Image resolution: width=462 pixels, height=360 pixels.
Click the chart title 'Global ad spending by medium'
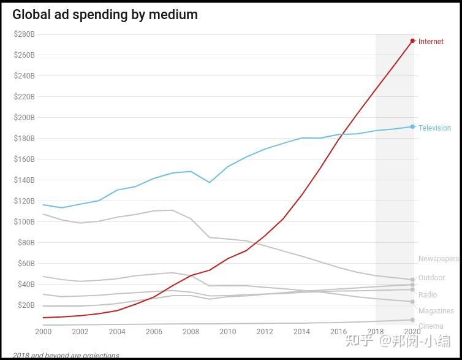(x=105, y=14)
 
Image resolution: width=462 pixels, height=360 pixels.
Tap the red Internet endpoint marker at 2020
(x=412, y=41)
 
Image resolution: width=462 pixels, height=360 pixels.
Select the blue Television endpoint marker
(x=412, y=127)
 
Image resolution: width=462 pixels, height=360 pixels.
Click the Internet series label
(x=431, y=42)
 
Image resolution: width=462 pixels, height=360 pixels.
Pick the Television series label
(x=434, y=128)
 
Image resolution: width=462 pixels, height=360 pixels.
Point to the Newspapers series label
(x=438, y=259)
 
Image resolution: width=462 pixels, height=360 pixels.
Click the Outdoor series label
(x=431, y=278)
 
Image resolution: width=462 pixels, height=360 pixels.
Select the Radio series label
(x=428, y=295)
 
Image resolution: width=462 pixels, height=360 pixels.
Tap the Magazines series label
(x=436, y=311)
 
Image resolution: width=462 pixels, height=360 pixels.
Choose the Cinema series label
(x=431, y=326)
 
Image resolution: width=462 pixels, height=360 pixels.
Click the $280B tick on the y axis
(x=25, y=34)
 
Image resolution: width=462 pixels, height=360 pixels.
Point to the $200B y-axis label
(x=25, y=118)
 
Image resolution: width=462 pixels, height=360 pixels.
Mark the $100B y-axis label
(x=25, y=221)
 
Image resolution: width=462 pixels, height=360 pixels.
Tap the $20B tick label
(x=26, y=305)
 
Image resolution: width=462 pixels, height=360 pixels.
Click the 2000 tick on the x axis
(x=43, y=332)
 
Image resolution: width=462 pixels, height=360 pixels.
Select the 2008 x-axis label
(x=191, y=332)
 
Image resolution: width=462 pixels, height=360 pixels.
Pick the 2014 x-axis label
(x=302, y=332)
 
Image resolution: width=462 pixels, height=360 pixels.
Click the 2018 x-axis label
(x=376, y=332)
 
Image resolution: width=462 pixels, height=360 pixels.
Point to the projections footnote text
(x=66, y=356)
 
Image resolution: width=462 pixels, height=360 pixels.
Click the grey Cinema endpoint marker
(x=412, y=320)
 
